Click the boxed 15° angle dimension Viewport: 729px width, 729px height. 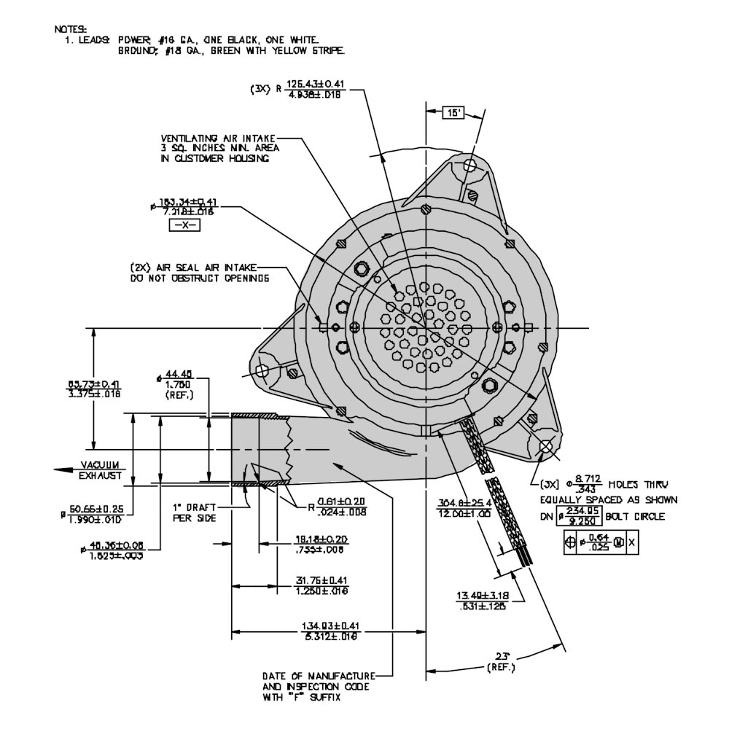tap(453, 113)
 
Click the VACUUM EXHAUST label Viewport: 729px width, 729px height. tap(101, 470)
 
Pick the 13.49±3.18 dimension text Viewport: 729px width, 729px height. tap(482, 600)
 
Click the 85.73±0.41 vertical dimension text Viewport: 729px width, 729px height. tap(94, 389)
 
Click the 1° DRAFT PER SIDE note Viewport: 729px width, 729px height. tap(191, 512)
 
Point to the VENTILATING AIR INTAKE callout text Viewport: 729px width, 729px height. tap(219, 148)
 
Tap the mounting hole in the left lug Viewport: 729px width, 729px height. tap(265, 370)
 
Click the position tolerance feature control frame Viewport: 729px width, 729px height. tap(601, 542)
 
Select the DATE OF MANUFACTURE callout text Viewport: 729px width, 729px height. tap(319, 686)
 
